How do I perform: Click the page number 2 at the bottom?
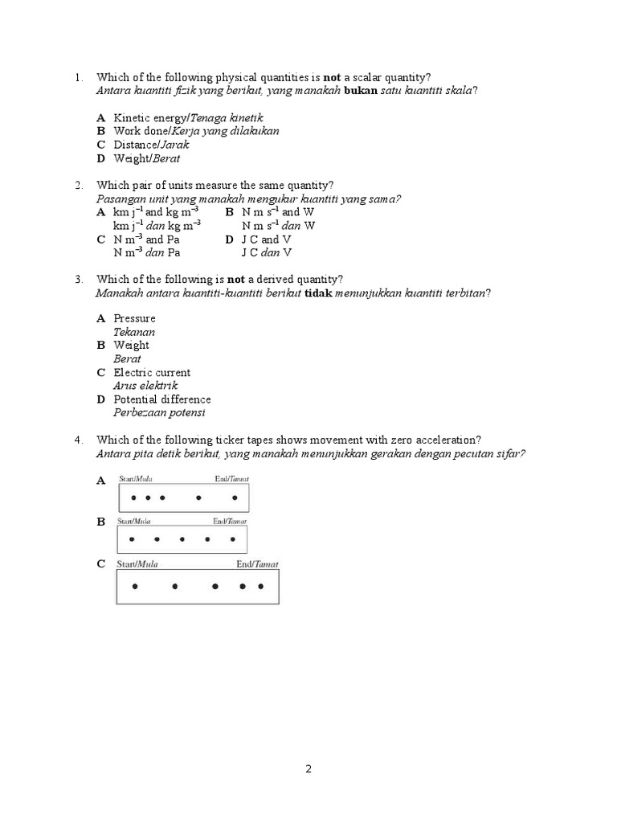click(x=308, y=768)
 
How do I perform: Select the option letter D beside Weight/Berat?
click(x=101, y=158)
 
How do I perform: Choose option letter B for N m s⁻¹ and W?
click(x=229, y=212)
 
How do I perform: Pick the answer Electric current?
click(x=152, y=372)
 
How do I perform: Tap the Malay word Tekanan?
click(x=134, y=332)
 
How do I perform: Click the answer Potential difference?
click(x=162, y=399)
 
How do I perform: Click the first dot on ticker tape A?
click(x=133, y=497)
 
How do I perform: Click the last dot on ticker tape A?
click(x=235, y=497)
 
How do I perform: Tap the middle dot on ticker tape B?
click(x=182, y=539)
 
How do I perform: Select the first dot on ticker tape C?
click(x=135, y=587)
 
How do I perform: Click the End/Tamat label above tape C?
click(x=257, y=564)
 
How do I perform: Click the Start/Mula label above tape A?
click(x=136, y=479)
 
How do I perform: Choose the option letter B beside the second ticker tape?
click(x=101, y=522)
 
